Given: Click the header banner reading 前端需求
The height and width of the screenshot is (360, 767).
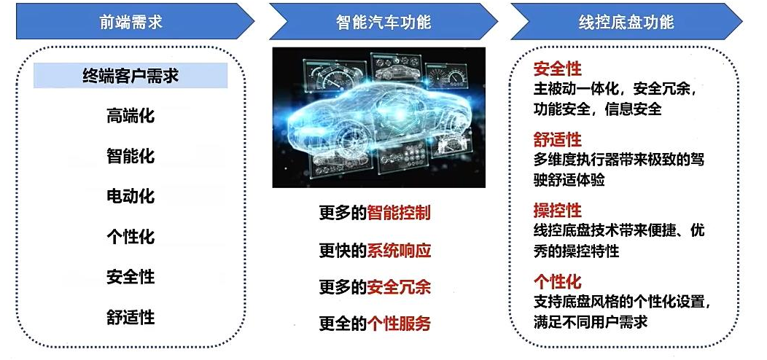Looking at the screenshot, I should point(131,22).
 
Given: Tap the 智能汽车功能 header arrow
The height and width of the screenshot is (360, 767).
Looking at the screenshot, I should point(383,22).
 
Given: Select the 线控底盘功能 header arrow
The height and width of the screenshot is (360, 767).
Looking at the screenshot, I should point(626,22).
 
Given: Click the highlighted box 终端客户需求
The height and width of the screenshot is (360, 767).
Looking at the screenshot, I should point(131,75).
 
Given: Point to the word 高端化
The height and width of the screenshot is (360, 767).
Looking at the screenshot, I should point(131,115).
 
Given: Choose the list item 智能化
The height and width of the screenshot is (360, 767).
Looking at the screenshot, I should point(131,156).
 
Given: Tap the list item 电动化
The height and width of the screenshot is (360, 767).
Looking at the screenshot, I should point(131,196).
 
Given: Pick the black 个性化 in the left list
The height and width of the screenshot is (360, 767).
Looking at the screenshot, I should point(131,237).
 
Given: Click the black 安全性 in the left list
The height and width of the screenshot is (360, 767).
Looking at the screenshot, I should point(131,277).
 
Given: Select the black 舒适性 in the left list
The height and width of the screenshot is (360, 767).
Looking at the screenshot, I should point(131,317).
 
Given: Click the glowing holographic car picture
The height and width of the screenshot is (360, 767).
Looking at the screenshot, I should point(378,117).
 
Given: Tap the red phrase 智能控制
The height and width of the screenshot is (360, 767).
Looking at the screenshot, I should point(399,213).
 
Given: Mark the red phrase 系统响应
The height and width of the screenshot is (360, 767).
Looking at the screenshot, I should point(399,251).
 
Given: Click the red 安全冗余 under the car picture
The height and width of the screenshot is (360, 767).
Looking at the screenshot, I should point(399,287).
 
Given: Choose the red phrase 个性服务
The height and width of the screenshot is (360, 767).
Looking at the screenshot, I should point(399,324).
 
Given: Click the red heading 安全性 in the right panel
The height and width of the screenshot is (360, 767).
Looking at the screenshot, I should point(557,69).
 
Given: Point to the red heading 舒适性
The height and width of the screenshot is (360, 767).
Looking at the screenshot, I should point(557,140).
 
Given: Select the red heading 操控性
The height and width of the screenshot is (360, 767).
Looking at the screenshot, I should point(557,211).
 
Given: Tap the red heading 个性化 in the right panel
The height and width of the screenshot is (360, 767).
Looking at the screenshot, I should point(557,282).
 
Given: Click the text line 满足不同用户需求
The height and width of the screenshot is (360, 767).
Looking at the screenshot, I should point(591,321).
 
